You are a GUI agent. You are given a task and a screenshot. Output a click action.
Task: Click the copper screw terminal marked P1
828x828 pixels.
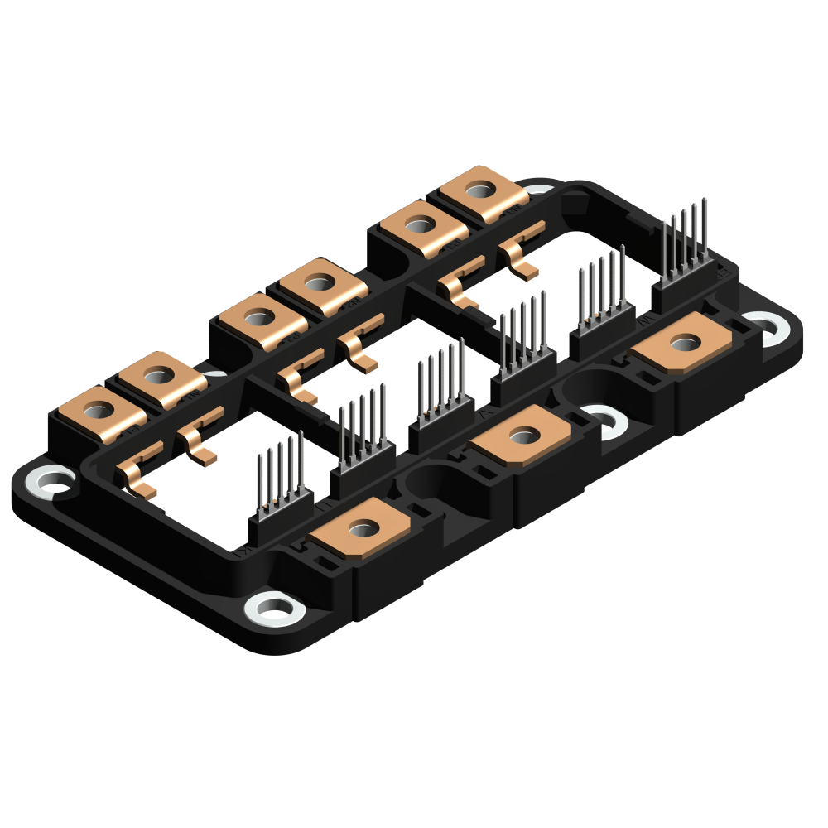(x=99, y=409)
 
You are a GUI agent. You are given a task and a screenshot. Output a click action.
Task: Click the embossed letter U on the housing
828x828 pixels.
(x=327, y=503)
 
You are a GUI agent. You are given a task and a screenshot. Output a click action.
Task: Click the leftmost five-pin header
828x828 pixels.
(x=280, y=497)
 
